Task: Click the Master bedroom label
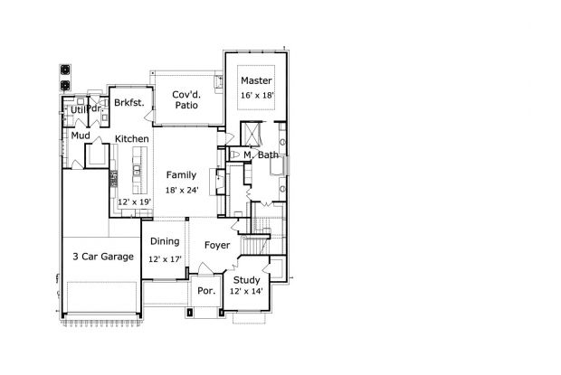[x=256, y=80]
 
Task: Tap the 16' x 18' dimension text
[x=257, y=96]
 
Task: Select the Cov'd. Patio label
[x=186, y=100]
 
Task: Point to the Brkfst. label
[x=129, y=103]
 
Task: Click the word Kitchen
[x=132, y=139]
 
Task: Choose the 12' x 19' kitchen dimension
[x=134, y=202]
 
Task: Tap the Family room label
[x=181, y=175]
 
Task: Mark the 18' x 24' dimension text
[x=182, y=191]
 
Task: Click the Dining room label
[x=165, y=242]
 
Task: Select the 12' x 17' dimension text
[x=165, y=259]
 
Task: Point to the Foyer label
[x=217, y=246]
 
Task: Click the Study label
[x=246, y=280]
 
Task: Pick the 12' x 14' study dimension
[x=246, y=292]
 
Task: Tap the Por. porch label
[x=206, y=291]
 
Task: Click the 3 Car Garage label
[x=103, y=257]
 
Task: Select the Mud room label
[x=81, y=136]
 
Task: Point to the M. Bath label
[x=261, y=155]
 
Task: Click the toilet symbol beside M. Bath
[x=234, y=155]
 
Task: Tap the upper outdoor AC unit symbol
[x=65, y=70]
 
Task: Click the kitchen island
[x=139, y=170]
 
